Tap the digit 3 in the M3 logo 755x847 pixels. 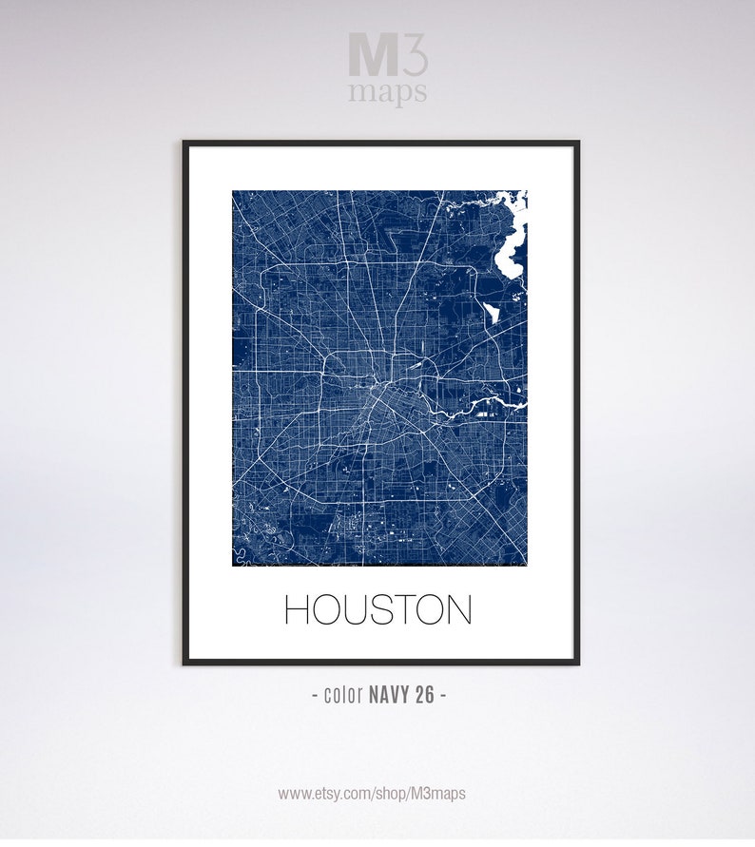(415, 54)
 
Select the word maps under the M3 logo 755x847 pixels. (387, 93)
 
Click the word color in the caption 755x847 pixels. (343, 695)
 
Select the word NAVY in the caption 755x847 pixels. (389, 695)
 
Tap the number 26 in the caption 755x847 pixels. (424, 695)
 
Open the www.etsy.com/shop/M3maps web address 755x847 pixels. (372, 793)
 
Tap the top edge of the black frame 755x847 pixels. (380, 144)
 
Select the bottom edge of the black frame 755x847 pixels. (380, 662)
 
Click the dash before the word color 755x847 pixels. (316, 695)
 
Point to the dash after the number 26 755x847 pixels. (442, 695)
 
